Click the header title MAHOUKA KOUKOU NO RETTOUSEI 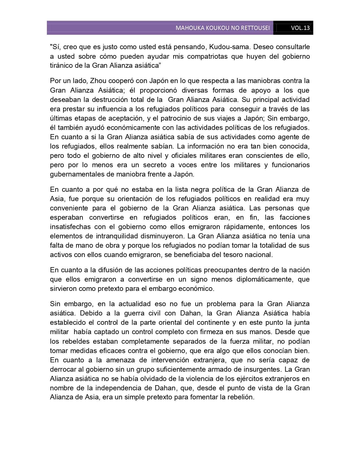click(222, 28)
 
